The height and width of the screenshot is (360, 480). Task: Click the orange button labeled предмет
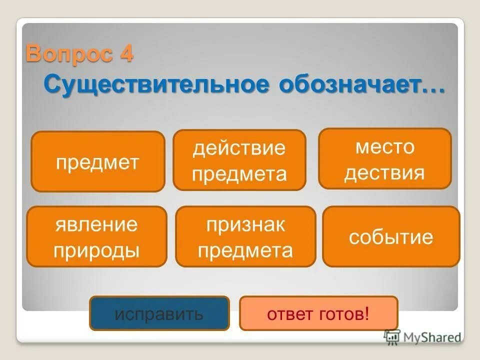click(97, 161)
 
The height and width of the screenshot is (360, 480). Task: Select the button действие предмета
click(239, 160)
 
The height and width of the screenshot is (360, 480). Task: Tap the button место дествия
click(384, 159)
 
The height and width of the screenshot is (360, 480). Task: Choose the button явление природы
click(96, 236)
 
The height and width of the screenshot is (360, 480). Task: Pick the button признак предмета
click(245, 236)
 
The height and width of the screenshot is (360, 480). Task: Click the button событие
click(391, 236)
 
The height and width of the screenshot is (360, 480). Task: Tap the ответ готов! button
click(318, 313)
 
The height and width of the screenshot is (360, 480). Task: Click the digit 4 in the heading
click(126, 53)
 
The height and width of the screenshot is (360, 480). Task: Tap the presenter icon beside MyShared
click(391, 336)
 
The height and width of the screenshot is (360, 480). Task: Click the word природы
click(96, 249)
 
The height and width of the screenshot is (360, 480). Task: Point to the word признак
click(245, 224)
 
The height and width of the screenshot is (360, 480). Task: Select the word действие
click(239, 148)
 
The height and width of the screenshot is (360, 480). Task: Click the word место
click(385, 147)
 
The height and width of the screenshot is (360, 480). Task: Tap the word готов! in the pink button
click(344, 314)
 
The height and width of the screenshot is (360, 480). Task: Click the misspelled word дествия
click(384, 172)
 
